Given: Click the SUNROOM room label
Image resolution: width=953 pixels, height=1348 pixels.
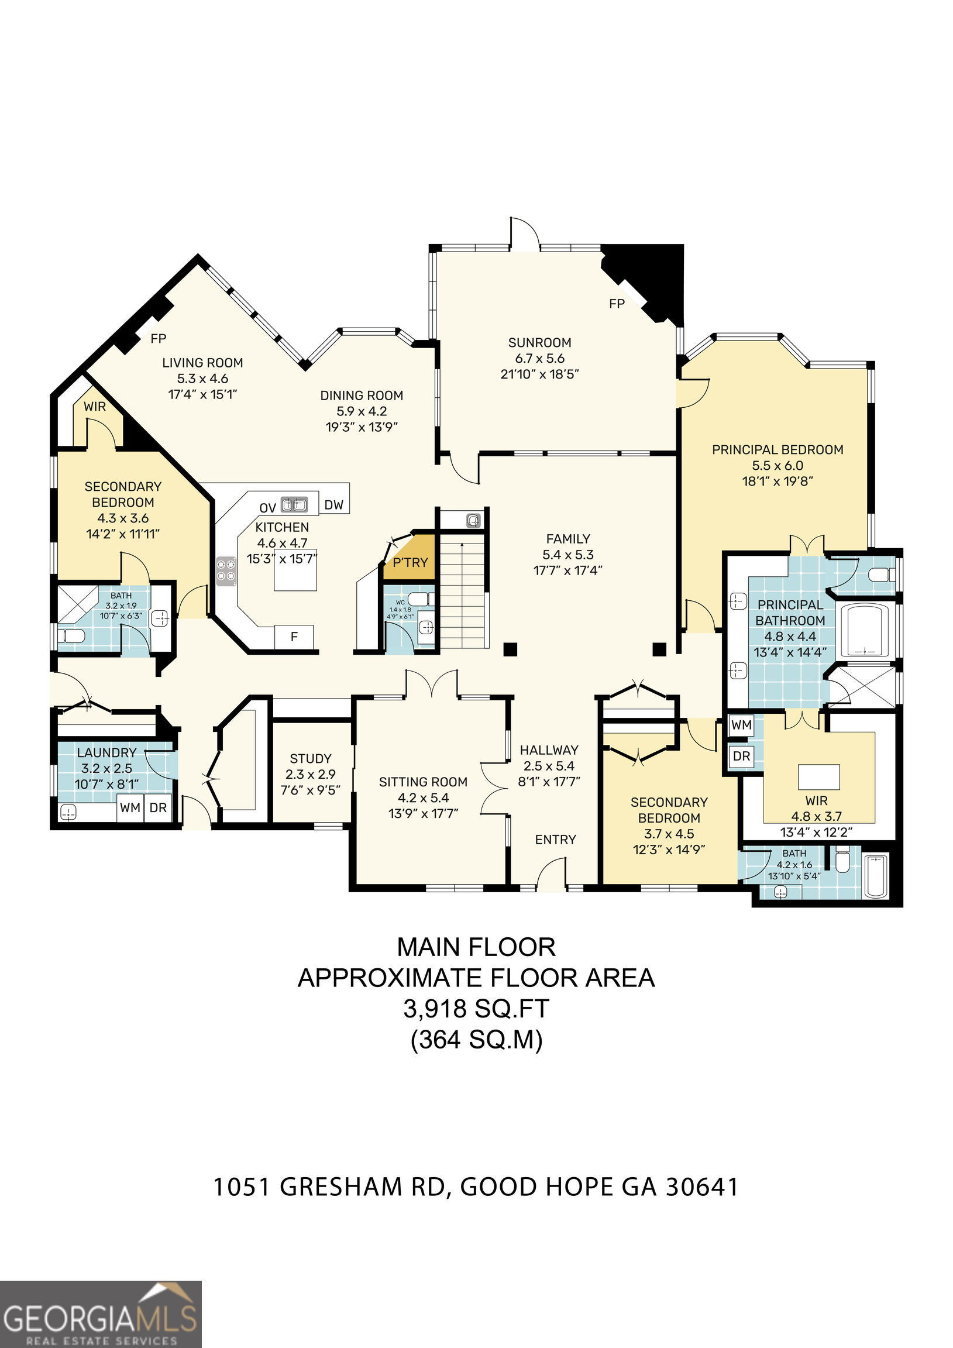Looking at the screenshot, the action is point(539,342).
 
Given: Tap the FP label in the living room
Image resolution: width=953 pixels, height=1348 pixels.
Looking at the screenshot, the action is point(159,339).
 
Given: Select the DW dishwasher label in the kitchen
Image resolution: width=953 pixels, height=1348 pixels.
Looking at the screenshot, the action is point(334,505).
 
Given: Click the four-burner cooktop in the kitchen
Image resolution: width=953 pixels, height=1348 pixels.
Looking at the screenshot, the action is point(226,570).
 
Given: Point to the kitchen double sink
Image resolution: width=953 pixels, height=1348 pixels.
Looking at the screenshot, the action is point(294,504).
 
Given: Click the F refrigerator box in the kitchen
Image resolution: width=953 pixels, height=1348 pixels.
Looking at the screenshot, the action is point(294,637).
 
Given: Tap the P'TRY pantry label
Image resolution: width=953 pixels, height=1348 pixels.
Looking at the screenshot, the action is point(411,562).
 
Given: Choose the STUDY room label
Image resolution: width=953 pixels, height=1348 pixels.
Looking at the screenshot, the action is point(311,759).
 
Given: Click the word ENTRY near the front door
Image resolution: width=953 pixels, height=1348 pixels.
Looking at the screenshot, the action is point(555,840).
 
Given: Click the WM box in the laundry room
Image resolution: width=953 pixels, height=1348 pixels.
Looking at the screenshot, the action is point(130,807).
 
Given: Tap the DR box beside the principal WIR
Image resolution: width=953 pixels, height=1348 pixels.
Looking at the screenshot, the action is point(742,756).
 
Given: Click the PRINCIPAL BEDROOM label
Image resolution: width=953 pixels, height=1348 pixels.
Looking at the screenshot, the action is point(777,450).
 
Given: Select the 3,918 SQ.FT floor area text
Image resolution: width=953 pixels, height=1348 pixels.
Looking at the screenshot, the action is point(476,1009).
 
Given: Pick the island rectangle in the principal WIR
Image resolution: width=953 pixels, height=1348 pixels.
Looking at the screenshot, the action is point(818,777).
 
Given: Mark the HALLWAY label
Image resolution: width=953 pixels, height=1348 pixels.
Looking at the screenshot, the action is point(549,749).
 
